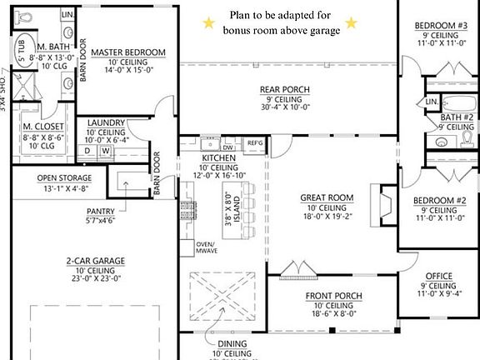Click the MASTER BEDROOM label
pos(127,52)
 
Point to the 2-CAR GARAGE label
pos(96,261)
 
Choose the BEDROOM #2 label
pos(438,201)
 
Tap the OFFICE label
pos(438,275)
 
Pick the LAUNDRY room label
pos(107,123)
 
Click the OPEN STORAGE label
pos(63,177)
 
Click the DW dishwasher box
pos(227,147)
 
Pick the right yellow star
pos(351,23)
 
